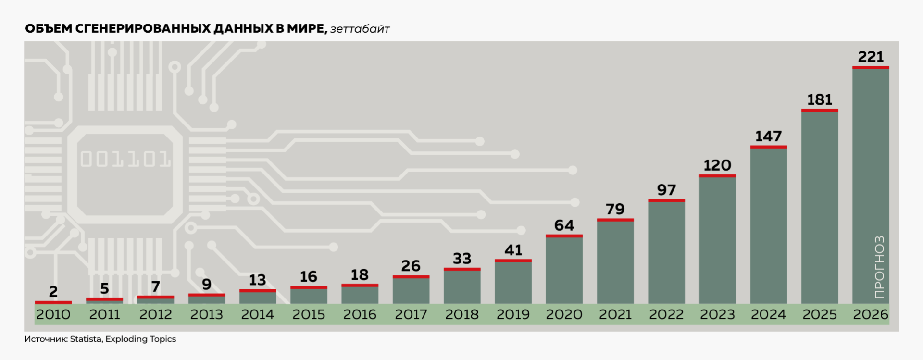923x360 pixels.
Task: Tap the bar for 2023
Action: tap(717, 239)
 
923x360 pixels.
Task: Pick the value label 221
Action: tap(871, 57)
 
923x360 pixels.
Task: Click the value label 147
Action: tap(768, 137)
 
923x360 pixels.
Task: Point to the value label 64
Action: tap(564, 225)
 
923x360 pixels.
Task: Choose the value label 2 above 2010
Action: tap(53, 291)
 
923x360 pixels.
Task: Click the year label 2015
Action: tap(309, 314)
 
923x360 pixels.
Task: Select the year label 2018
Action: tap(462, 314)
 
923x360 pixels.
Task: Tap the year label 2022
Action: tap(666, 314)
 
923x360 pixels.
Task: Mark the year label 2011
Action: tap(104, 314)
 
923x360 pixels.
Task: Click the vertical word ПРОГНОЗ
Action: tap(879, 267)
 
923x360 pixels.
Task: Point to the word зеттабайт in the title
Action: tap(360, 29)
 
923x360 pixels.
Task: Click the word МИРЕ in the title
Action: tap(307, 28)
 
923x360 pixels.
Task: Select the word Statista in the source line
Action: tap(86, 339)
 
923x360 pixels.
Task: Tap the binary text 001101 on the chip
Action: tap(125, 159)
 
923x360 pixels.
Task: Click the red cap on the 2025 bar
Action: tap(820, 111)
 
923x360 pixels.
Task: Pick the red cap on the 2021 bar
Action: tap(615, 220)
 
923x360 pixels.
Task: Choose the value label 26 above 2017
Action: tap(411, 266)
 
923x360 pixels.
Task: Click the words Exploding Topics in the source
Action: tap(141, 339)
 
